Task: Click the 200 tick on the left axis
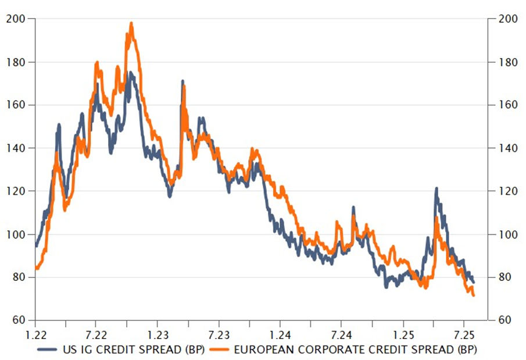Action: [x=16, y=19]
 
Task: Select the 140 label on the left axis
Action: [x=16, y=148]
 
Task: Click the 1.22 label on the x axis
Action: [x=35, y=336]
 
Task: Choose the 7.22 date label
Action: [x=96, y=336]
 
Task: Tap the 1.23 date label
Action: [x=158, y=336]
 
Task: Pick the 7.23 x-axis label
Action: [x=219, y=336]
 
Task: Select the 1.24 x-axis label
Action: [x=280, y=336]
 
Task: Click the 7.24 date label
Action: [x=341, y=336]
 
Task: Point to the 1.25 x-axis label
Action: [x=402, y=336]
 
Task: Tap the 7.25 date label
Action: [x=463, y=336]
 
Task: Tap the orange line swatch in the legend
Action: [x=219, y=350]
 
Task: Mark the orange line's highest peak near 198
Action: [x=131, y=23]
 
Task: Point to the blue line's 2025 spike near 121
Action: [x=436, y=188]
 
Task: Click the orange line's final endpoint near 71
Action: [x=474, y=295]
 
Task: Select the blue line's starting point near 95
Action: [x=36, y=246]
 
